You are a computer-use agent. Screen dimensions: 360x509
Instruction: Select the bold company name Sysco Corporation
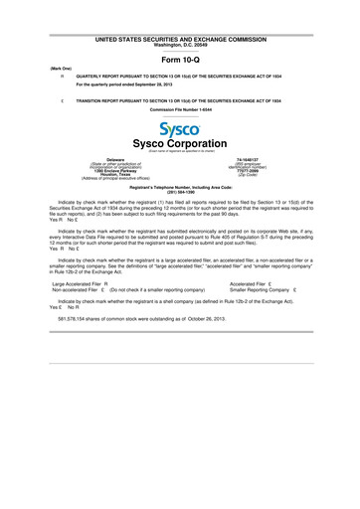click(x=180, y=144)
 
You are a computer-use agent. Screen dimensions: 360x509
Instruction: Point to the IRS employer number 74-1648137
click(x=250, y=158)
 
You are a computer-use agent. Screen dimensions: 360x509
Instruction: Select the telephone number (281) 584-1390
click(x=180, y=192)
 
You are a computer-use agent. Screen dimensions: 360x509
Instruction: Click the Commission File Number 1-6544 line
click(x=180, y=108)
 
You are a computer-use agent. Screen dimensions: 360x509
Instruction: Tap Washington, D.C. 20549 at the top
click(x=180, y=45)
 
